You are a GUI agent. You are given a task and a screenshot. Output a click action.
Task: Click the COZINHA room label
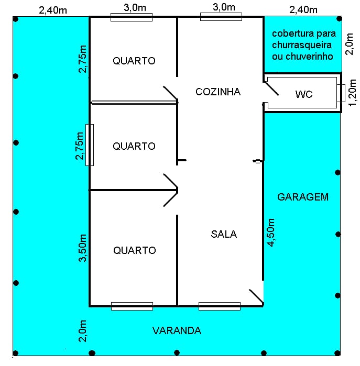click(218, 92)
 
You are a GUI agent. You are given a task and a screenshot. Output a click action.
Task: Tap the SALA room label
click(224, 234)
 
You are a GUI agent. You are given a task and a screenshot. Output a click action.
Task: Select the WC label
click(304, 94)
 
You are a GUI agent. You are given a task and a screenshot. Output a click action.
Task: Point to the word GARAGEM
click(303, 197)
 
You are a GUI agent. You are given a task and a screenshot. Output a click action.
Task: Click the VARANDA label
click(177, 330)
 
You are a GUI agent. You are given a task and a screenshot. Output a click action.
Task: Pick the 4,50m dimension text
click(271, 232)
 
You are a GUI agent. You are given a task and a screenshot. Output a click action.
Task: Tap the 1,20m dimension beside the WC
click(353, 93)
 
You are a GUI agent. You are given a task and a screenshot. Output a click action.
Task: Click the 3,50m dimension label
click(82, 248)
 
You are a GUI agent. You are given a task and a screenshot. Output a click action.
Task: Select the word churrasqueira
click(302, 45)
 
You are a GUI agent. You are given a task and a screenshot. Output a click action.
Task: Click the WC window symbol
click(341, 93)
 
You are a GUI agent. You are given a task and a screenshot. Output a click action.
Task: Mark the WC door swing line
click(271, 88)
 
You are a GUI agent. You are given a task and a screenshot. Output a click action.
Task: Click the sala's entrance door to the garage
click(257, 297)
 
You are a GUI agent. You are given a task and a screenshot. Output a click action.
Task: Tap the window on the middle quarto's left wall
click(90, 145)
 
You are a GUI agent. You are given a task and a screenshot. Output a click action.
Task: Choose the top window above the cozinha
click(221, 17)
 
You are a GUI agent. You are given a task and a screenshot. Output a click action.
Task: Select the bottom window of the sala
click(220, 306)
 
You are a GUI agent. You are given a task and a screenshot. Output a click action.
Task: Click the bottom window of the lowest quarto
click(132, 306)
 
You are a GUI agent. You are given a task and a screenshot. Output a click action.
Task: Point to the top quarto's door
click(170, 93)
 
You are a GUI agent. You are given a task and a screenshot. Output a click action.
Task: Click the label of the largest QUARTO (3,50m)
click(135, 250)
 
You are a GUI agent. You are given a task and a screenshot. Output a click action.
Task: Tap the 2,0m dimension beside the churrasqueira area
click(350, 44)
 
